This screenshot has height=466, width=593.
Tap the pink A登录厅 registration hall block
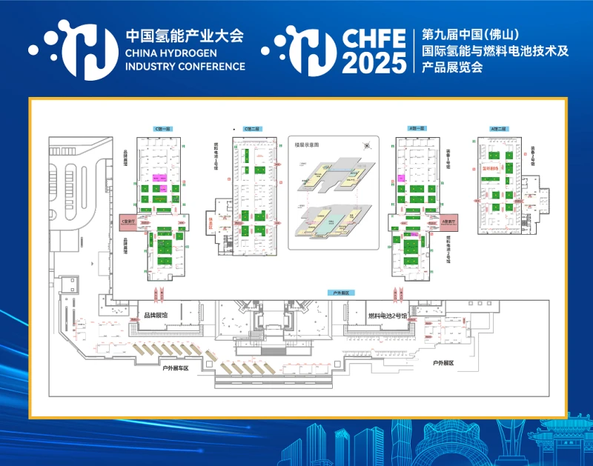tap(450, 222)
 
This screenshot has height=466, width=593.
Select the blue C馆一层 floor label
tap(162, 128)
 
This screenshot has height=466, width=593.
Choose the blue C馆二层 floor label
tap(251, 129)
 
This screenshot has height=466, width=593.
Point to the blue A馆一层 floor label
tap(417, 128)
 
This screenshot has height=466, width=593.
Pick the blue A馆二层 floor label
tap(498, 129)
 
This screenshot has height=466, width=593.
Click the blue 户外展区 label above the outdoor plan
tap(342, 293)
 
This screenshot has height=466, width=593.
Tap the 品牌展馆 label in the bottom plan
tap(155, 316)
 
